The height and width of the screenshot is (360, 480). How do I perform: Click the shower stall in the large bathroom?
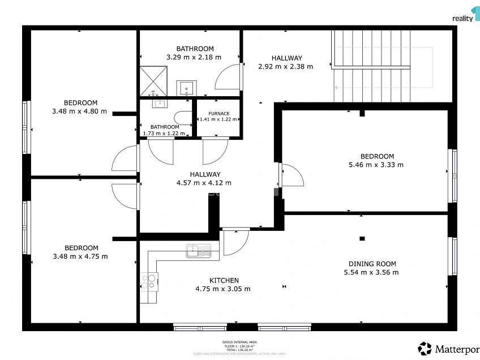(153, 80)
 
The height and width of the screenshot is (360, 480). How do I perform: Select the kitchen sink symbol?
(198, 250)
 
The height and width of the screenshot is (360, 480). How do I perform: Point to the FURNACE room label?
(218, 113)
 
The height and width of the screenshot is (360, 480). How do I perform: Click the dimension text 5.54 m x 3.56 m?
(371, 272)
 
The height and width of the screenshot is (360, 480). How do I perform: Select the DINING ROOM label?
(371, 264)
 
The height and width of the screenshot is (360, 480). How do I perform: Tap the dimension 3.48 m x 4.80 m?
(79, 112)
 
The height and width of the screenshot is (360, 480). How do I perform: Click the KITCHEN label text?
(224, 280)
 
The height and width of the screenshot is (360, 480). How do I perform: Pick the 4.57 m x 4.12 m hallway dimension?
(204, 183)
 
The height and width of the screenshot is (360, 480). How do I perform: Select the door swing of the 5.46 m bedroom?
(292, 175)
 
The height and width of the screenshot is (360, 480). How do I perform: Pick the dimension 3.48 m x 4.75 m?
(80, 256)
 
